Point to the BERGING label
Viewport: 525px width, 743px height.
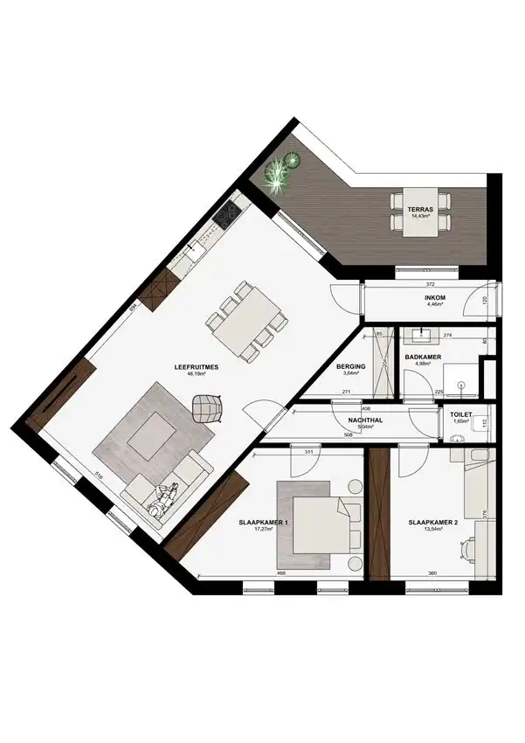click(x=351, y=368)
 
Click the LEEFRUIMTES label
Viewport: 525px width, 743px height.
click(x=195, y=368)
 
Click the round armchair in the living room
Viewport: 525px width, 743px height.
click(x=207, y=407)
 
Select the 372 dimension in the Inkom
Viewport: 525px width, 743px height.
click(x=429, y=285)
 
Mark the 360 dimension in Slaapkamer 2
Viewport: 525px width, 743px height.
click(x=432, y=573)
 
